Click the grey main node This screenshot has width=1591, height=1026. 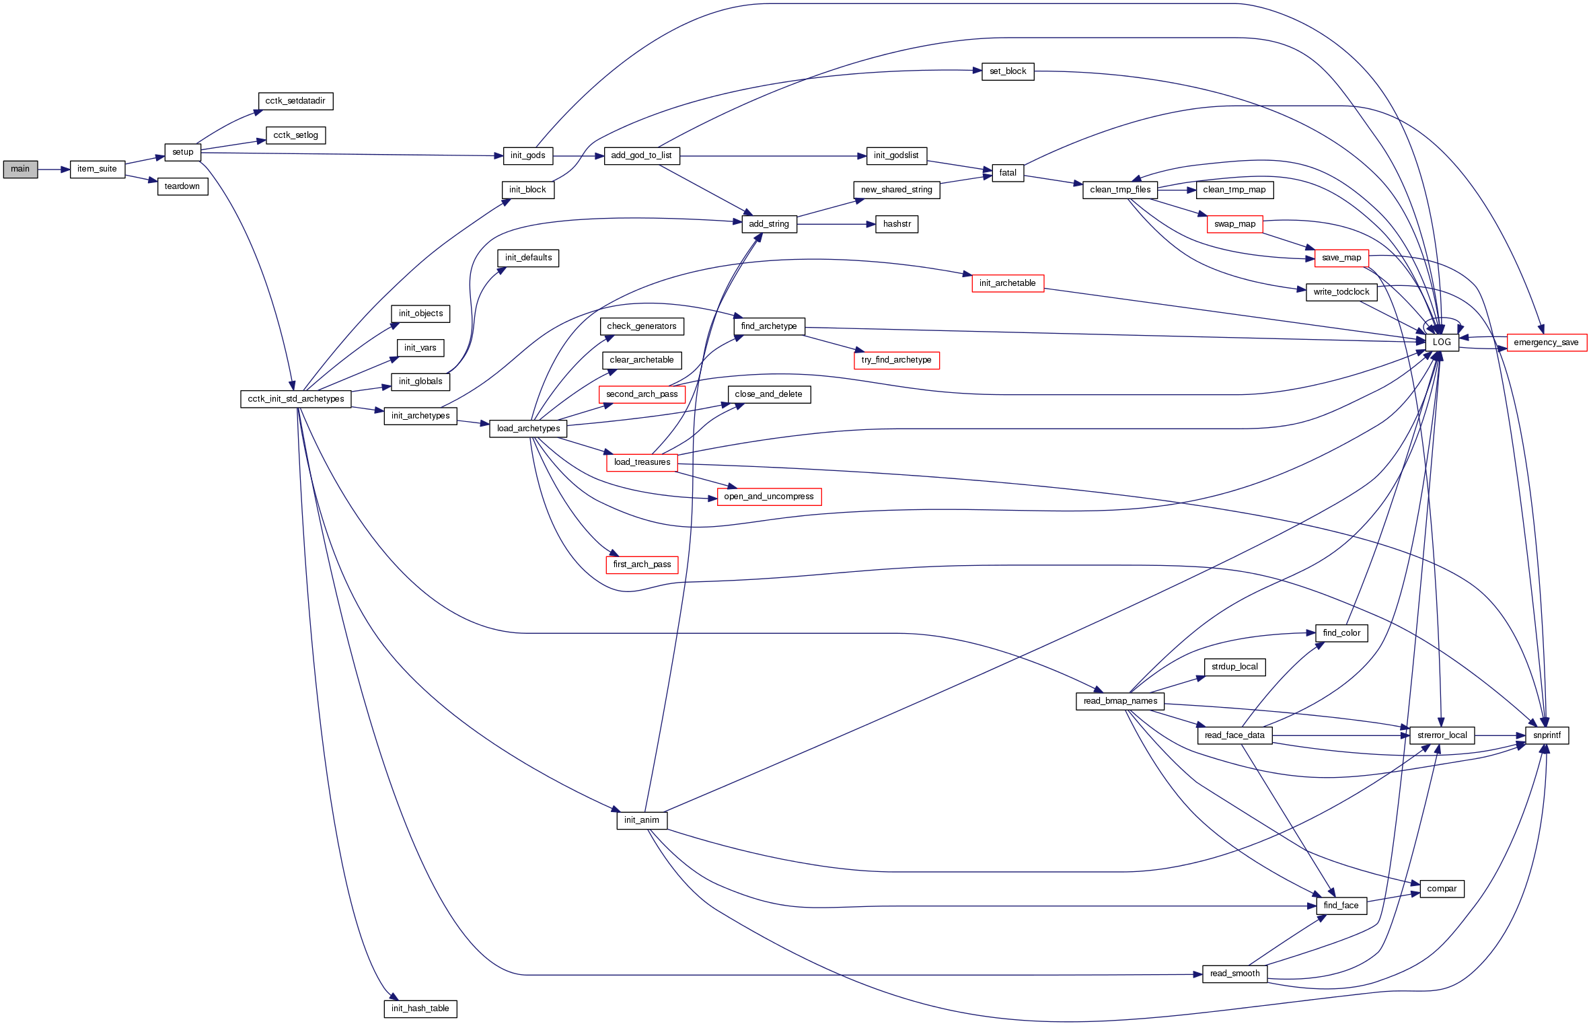point(20,169)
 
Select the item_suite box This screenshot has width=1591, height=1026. point(97,169)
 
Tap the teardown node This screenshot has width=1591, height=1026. point(182,186)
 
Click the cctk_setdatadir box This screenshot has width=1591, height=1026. point(295,101)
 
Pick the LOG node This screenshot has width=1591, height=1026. point(1442,342)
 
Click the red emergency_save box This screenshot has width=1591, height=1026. point(1546,342)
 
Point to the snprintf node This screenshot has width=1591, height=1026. point(1547,735)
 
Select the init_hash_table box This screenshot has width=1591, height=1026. point(420,1009)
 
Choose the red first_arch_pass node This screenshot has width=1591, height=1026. point(642,564)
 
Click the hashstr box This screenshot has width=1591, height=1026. point(897,224)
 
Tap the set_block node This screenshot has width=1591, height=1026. point(1008,71)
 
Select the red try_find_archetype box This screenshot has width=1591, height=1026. point(896,360)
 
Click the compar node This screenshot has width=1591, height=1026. point(1442,889)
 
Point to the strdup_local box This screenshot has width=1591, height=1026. point(1234,667)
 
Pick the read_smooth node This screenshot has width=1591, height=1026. point(1234,974)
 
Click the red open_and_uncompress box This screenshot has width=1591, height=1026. point(769,497)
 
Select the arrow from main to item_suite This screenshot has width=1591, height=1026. point(54,170)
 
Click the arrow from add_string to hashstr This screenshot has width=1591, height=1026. point(836,224)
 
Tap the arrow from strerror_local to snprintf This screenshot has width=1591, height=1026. point(1500,736)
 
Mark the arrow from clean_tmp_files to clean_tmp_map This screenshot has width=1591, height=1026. point(1176,190)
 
